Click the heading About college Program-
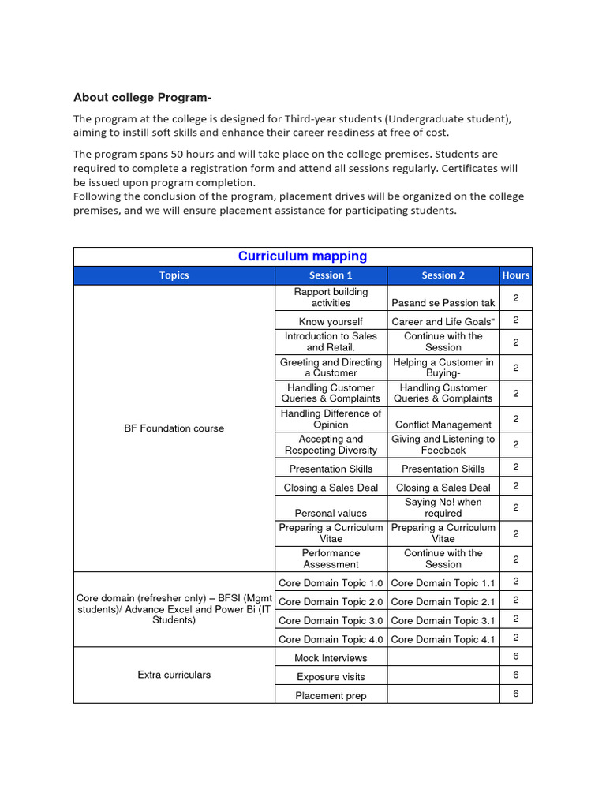click(142, 98)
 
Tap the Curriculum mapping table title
click(302, 256)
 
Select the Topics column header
click(174, 275)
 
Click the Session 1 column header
click(331, 275)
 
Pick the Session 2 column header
click(443, 275)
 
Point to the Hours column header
click(516, 275)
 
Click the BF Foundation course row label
click(174, 428)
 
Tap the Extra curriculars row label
click(174, 675)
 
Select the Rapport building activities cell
click(331, 297)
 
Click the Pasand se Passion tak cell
click(443, 303)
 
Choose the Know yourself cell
click(331, 322)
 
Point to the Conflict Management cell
click(443, 425)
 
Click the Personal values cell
click(331, 513)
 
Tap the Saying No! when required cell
click(443, 507)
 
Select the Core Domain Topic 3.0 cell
click(331, 621)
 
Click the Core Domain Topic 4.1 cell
click(443, 640)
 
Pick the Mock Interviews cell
click(331, 658)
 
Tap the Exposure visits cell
click(331, 677)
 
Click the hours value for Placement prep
click(516, 694)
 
